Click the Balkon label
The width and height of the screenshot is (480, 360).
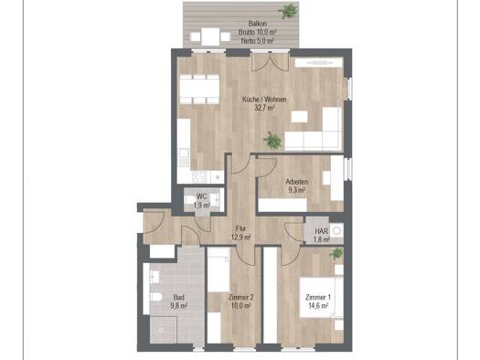point(257,24)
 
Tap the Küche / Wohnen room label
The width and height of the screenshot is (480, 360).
point(264,100)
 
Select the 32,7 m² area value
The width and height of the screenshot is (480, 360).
point(264,108)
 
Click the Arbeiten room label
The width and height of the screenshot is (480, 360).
point(297,182)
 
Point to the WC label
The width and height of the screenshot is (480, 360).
point(201,196)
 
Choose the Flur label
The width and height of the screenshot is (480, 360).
point(241,228)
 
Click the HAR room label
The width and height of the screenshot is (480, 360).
point(322,231)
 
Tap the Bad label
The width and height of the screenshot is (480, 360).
point(179,297)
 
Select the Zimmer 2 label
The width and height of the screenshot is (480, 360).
point(241,297)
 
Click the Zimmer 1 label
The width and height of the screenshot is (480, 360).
point(318,297)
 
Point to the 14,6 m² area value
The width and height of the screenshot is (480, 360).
point(318,305)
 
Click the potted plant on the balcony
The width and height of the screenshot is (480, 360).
point(288,12)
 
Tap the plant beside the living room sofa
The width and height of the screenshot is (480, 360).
point(272,141)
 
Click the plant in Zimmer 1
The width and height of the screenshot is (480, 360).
point(336,254)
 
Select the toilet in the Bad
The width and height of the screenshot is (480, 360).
point(156,297)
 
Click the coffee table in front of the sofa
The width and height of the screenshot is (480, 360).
point(299,117)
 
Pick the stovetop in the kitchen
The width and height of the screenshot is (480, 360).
point(200,176)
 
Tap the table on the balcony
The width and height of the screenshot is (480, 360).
point(210,37)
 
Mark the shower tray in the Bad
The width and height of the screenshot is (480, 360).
point(164,330)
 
